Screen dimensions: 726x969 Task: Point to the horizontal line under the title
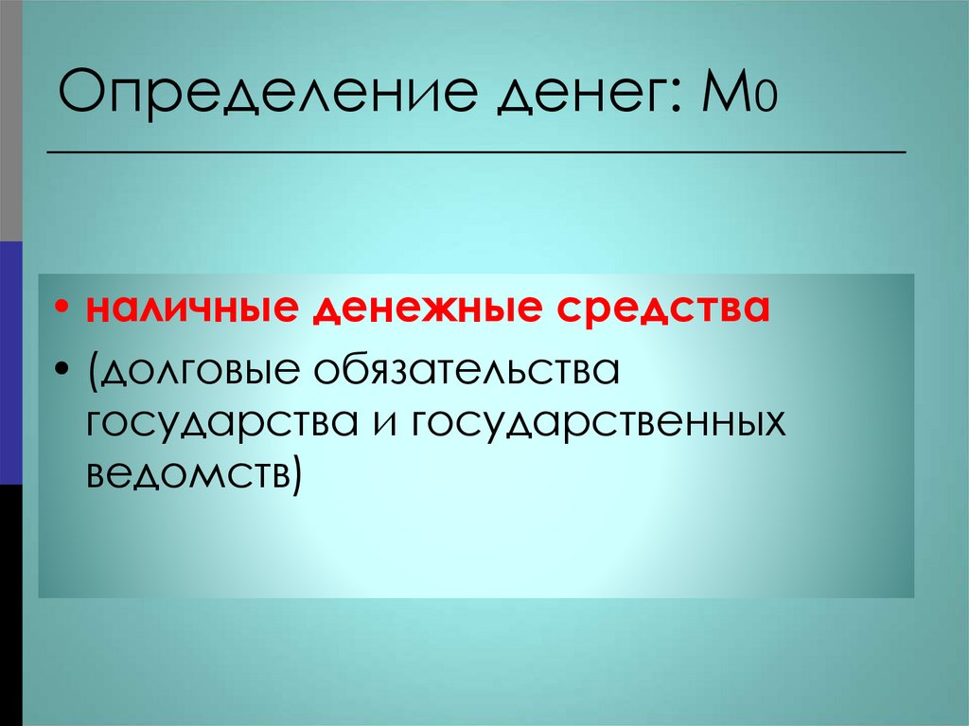coord(476,151)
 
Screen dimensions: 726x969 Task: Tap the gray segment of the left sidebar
coord(10,120)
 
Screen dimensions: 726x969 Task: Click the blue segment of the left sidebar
coord(10,363)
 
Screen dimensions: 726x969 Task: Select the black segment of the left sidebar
coord(10,605)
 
